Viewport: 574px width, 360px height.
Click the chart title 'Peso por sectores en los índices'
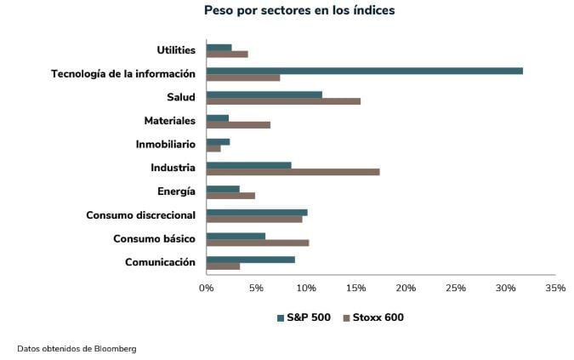(298, 11)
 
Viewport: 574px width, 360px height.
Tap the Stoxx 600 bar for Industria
(293, 172)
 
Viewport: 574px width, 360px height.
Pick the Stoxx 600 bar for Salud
(283, 101)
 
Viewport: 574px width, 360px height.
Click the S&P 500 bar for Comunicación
(251, 259)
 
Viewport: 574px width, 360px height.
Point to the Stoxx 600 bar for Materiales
(238, 125)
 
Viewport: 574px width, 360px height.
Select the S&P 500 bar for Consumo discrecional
(257, 212)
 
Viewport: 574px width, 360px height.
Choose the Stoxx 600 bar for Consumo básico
(258, 243)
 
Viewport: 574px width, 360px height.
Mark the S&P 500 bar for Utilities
(219, 48)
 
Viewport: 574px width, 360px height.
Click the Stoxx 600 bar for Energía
(230, 196)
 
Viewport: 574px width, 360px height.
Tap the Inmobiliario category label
(165, 145)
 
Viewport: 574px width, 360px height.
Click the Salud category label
(181, 98)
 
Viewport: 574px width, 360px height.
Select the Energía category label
(176, 191)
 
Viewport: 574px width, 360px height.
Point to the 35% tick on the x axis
(555, 289)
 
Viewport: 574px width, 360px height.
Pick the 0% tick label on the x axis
(207, 289)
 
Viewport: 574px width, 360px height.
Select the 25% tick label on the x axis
(456, 289)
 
